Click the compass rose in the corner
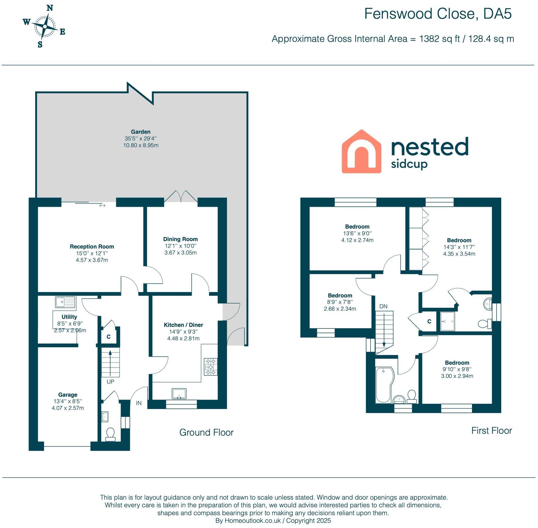tap(44, 26)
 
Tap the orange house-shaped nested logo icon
tap(361, 152)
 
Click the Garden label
tap(140, 132)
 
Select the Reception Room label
tap(92, 247)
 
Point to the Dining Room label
tap(180, 239)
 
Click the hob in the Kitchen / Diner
tap(210, 367)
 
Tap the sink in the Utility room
tap(65, 302)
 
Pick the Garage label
tap(68, 395)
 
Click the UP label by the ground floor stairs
tap(110, 382)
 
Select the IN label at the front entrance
tap(139, 403)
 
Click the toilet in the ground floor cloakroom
tap(110, 434)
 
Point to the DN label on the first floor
tap(383, 306)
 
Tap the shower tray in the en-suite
tap(447, 321)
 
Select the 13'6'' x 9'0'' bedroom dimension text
tap(357, 233)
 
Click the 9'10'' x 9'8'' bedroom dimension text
tap(457, 369)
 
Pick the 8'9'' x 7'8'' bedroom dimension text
tap(340, 302)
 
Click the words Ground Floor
tap(206, 432)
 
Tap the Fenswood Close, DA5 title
tap(438, 14)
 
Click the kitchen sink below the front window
tap(179, 394)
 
